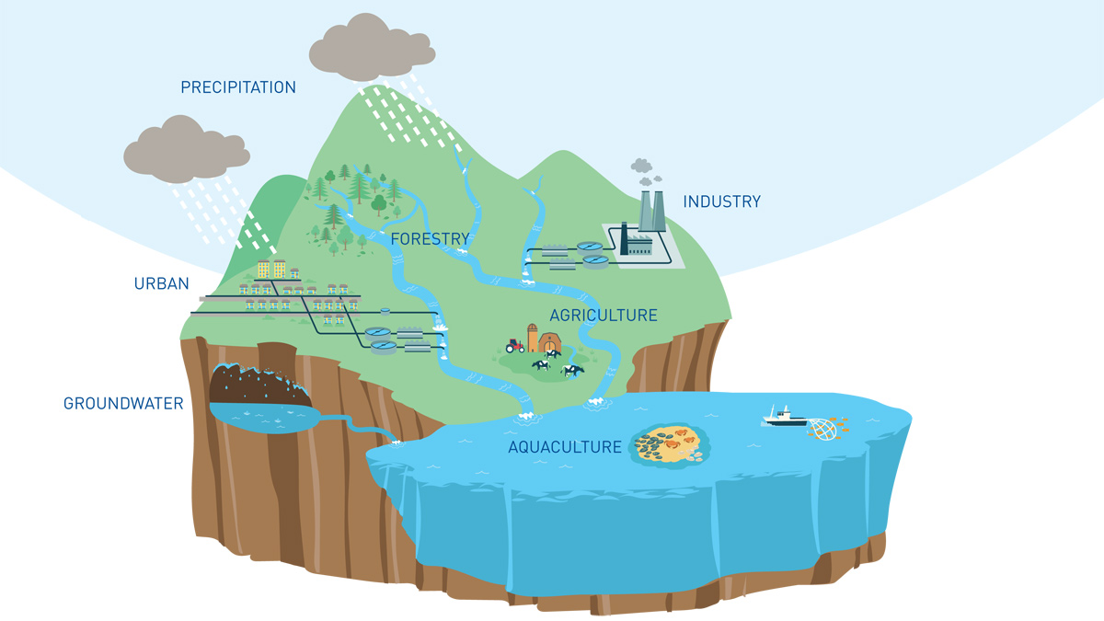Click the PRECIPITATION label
pos(238,87)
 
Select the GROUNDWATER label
pos(123,403)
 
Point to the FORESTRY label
pos(430,239)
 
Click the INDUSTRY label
pos(721,201)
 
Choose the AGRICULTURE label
pos(604,316)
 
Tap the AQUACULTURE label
pos(565,447)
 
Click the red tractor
pos(515,346)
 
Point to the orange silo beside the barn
pos(533,338)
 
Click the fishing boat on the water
pos(783,418)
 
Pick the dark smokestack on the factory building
pos(623,238)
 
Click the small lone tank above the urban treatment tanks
pos(385,311)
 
